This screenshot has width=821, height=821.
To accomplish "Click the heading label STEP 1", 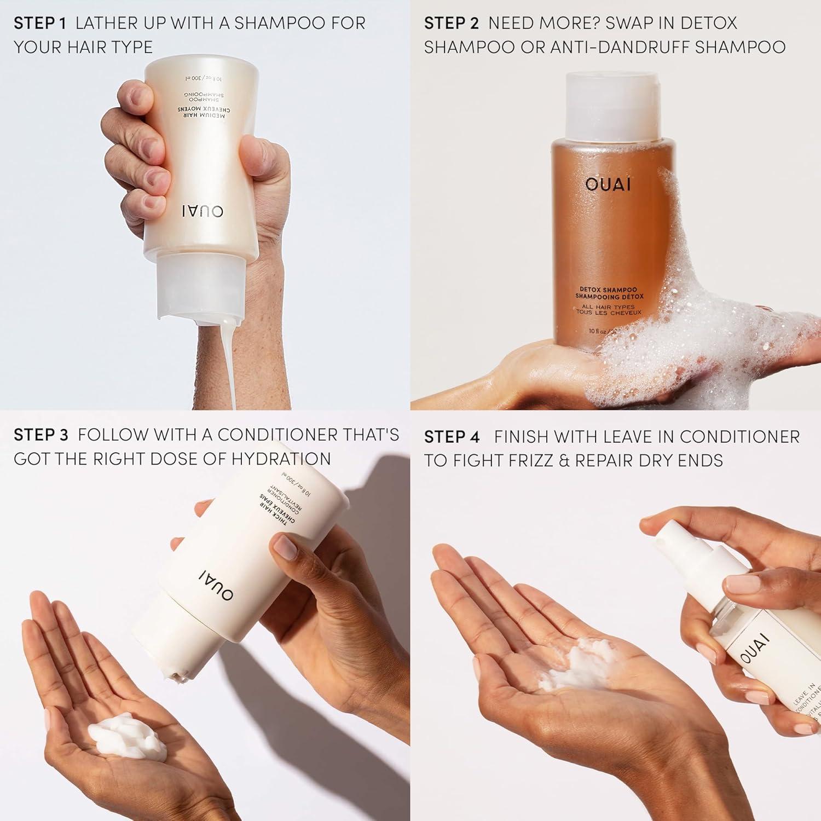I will click(39, 23).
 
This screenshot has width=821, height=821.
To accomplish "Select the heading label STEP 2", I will click(451, 23).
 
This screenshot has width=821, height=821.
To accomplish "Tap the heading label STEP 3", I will click(41, 435).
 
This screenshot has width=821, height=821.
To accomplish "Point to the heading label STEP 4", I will click(452, 437).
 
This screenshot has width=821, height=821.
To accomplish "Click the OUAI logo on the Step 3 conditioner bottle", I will click(216, 584).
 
